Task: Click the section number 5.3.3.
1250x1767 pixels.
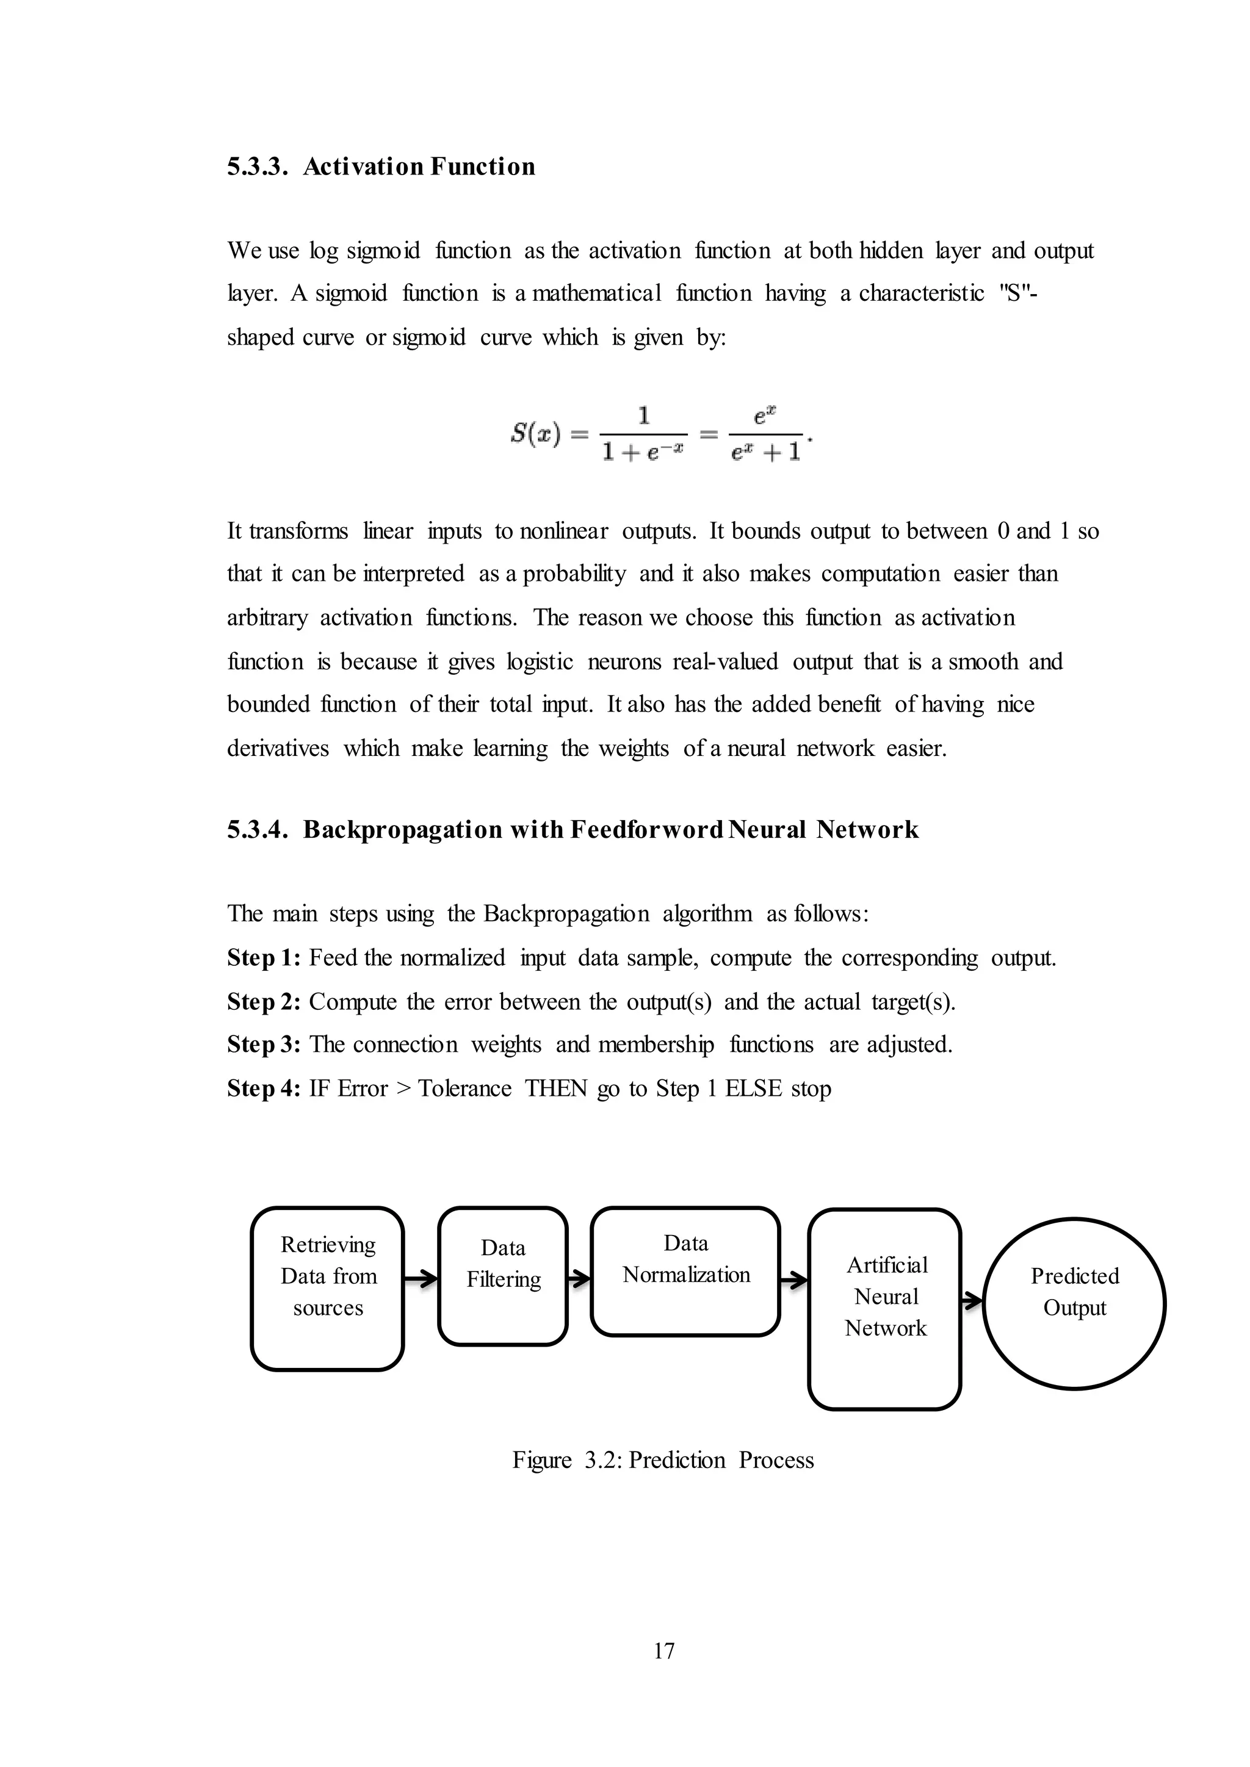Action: coord(257,167)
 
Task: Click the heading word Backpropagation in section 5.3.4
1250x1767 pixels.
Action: coord(402,830)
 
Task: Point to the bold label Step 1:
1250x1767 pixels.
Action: coord(263,958)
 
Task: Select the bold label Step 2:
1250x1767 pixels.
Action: coord(263,1002)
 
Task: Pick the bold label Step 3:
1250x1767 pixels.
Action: coord(263,1045)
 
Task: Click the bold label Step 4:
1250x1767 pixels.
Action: coord(263,1089)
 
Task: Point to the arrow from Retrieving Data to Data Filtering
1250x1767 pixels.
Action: coord(421,1279)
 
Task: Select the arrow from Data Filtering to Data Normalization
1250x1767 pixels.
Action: coord(579,1279)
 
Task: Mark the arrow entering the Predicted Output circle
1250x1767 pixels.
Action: coord(972,1301)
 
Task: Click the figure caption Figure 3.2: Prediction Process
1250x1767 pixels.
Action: coord(663,1461)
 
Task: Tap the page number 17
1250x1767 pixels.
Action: coord(663,1651)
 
